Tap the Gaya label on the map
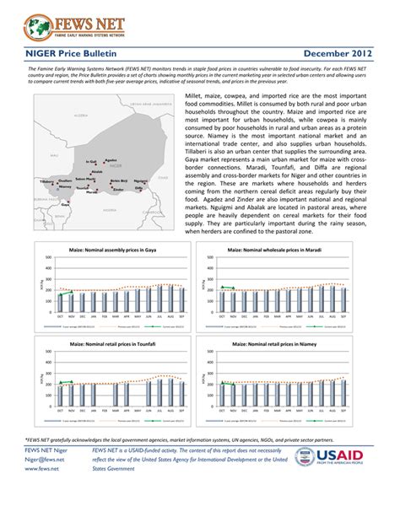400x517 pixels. (x=65, y=203)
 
